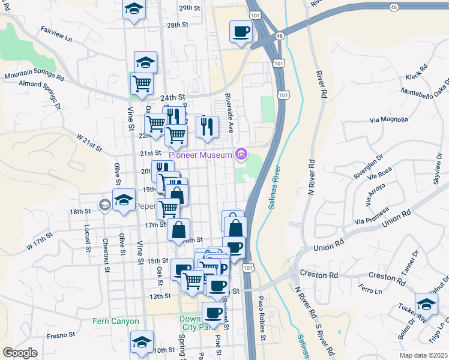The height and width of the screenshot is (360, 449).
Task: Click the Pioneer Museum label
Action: (200, 155)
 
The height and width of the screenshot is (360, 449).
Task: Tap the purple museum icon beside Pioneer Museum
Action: (241, 155)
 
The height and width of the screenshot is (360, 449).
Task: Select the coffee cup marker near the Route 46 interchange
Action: (241, 31)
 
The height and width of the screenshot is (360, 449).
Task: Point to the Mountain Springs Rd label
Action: (34, 76)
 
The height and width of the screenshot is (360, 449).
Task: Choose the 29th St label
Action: (189, 8)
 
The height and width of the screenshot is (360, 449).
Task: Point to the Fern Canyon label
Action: (116, 321)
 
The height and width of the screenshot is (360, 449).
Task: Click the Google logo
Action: (20, 353)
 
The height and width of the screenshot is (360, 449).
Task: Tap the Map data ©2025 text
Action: (423, 355)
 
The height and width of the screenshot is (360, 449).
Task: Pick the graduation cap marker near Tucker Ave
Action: (426, 304)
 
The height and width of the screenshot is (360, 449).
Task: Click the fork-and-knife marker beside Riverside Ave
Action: (207, 127)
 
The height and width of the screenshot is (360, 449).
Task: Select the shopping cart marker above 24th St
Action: (142, 84)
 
